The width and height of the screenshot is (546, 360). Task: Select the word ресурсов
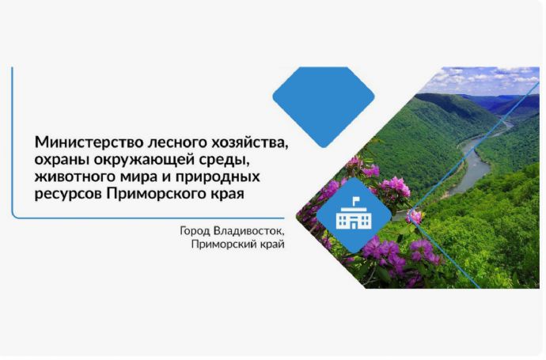click(68, 195)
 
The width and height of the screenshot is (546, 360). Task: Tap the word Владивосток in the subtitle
click(249, 231)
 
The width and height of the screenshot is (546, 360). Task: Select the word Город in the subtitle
click(195, 231)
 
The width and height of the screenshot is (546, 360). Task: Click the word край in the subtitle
click(273, 244)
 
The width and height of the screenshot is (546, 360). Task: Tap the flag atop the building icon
click(356, 200)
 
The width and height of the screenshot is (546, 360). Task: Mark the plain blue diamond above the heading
click(324, 107)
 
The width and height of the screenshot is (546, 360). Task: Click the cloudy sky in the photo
click(484, 80)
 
